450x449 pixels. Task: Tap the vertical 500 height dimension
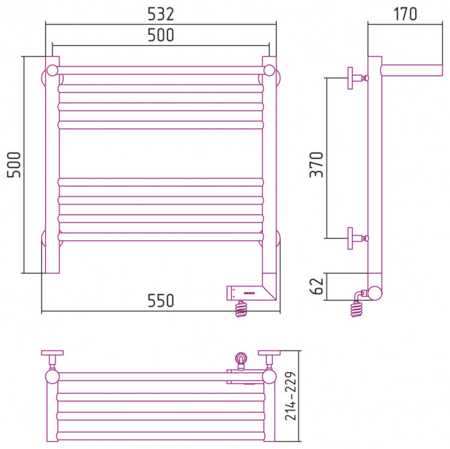coord(13,164)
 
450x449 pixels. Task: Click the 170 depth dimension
coord(406,13)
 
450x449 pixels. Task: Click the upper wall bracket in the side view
coord(355,77)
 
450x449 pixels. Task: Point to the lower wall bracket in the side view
coord(355,238)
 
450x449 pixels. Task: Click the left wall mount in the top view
coord(53,358)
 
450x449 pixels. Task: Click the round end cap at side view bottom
coord(374,293)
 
